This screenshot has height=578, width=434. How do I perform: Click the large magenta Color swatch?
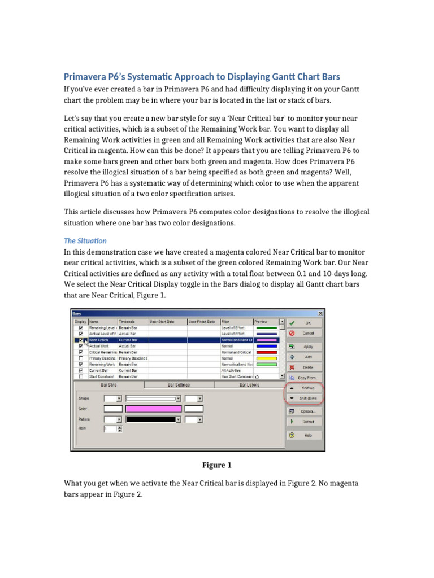[153, 409]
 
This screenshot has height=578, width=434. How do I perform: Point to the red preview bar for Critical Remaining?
[267, 352]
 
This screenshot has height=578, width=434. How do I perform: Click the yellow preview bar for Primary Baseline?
[267, 358]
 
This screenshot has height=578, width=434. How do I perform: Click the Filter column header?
[236, 321]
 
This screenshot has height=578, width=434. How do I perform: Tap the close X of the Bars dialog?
[320, 314]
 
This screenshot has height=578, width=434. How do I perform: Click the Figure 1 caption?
[217, 465]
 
